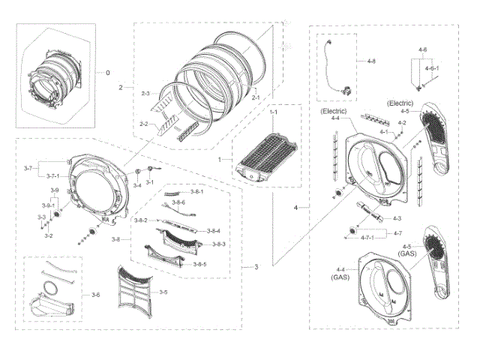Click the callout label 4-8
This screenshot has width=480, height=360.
click(373, 60)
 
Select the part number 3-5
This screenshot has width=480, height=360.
click(163, 292)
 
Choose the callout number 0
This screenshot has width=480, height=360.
click(107, 73)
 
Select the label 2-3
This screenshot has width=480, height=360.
click(145, 93)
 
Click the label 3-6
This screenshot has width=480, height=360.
click(95, 295)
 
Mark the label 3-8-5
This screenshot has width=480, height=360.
click(199, 264)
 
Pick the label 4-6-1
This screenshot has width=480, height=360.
click(433, 68)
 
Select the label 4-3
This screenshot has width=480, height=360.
click(398, 218)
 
